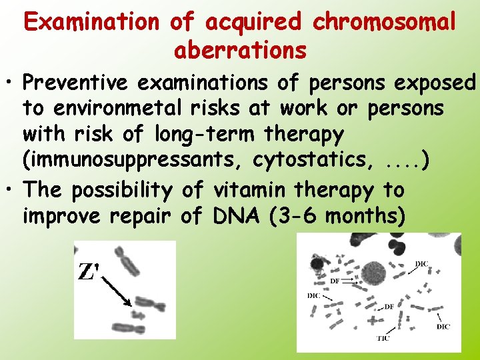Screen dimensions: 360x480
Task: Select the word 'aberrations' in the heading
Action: [x=240, y=50]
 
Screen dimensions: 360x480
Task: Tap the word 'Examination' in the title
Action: [x=93, y=22]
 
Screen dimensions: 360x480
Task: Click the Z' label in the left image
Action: [x=88, y=271]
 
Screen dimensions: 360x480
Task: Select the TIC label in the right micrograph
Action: [x=382, y=339]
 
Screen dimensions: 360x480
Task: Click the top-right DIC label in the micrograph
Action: [x=422, y=264]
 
